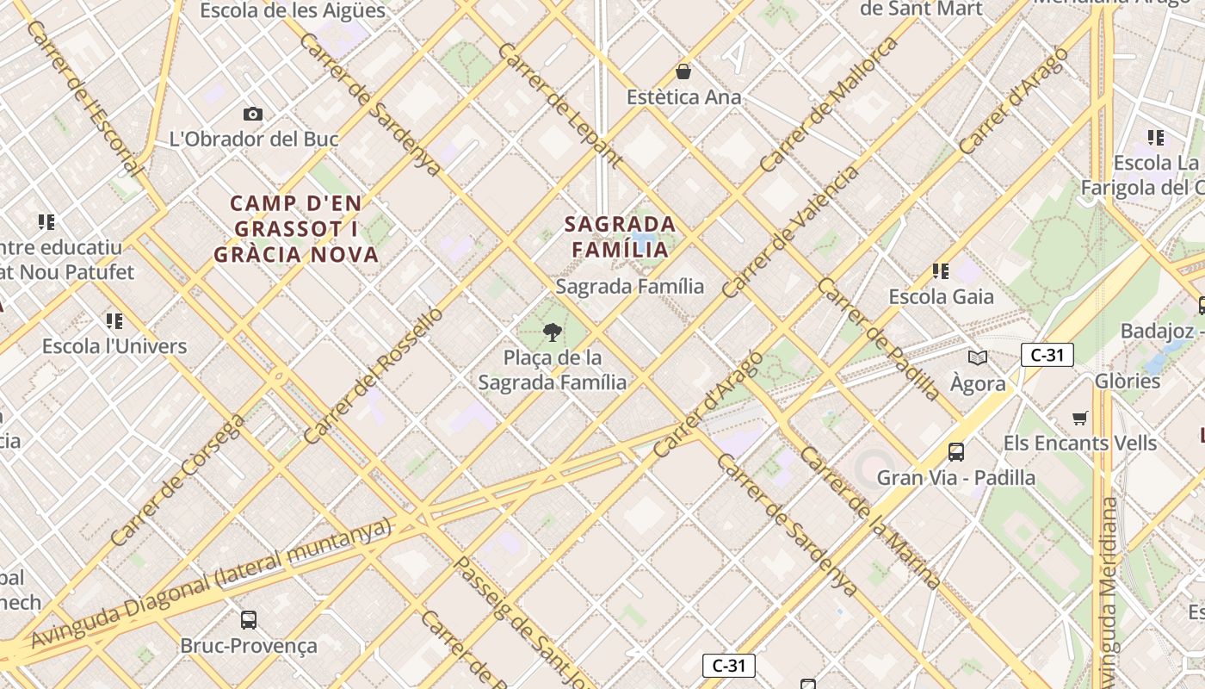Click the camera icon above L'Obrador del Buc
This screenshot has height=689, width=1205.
coord(253,114)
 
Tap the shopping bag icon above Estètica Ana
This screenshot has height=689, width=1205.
coord(683,71)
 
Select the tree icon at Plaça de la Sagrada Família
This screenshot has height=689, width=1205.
coord(553,332)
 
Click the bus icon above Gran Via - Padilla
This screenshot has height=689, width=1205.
coord(955,451)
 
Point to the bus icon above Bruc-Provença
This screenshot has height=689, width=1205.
coord(249,619)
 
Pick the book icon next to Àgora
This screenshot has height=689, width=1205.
coord(977,357)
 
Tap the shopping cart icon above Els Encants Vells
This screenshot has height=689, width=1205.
coord(1080,419)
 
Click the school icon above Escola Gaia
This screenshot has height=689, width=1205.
coord(941,271)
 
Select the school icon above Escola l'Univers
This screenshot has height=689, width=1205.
coord(114,321)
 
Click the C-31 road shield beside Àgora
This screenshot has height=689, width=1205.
coord(1047,355)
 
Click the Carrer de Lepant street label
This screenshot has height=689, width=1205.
coord(559,103)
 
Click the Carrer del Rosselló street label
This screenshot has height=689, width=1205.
coord(374,376)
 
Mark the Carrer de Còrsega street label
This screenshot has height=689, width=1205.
coord(177,481)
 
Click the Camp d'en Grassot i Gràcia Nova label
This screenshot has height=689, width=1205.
coord(296,229)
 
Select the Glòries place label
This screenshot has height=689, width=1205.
coord(1128,381)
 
